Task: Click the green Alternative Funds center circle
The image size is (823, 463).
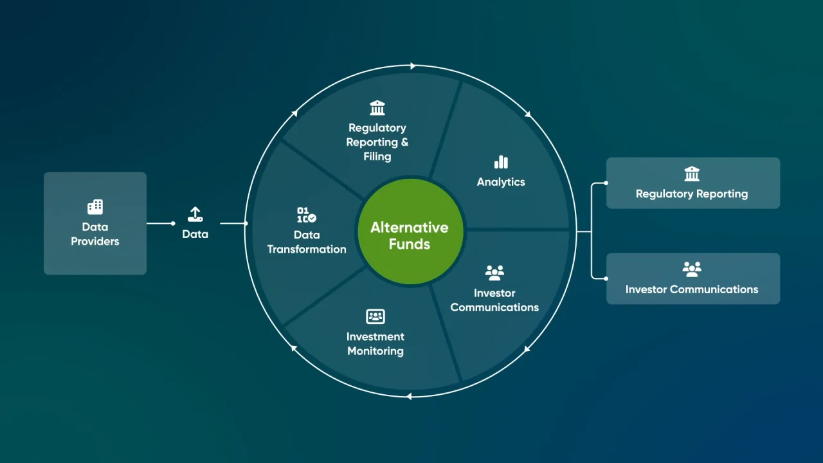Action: point(410,232)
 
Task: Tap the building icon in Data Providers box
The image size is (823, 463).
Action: point(95,206)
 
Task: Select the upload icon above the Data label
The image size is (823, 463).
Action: point(195,215)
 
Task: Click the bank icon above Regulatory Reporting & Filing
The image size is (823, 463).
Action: point(377,107)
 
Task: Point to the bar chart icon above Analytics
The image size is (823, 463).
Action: point(501,162)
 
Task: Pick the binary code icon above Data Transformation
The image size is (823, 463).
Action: point(306,215)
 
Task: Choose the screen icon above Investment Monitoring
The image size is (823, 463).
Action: point(375,316)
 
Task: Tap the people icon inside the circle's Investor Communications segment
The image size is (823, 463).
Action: point(494,273)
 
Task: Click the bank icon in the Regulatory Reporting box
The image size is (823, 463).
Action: point(692,174)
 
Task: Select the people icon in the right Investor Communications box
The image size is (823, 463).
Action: point(692,269)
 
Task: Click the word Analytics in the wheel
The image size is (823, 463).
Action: point(501,182)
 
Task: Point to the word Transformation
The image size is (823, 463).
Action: point(307,250)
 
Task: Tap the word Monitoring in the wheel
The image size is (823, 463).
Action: point(375,351)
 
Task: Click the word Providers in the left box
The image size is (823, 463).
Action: point(95,242)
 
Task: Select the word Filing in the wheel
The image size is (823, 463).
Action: point(377,156)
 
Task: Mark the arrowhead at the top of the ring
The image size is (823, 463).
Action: point(413,66)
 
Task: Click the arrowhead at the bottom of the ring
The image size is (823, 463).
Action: point(408,397)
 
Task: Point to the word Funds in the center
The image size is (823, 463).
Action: point(410,244)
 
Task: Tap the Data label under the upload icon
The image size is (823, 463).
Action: point(195,234)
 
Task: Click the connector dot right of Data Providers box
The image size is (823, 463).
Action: point(173,223)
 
